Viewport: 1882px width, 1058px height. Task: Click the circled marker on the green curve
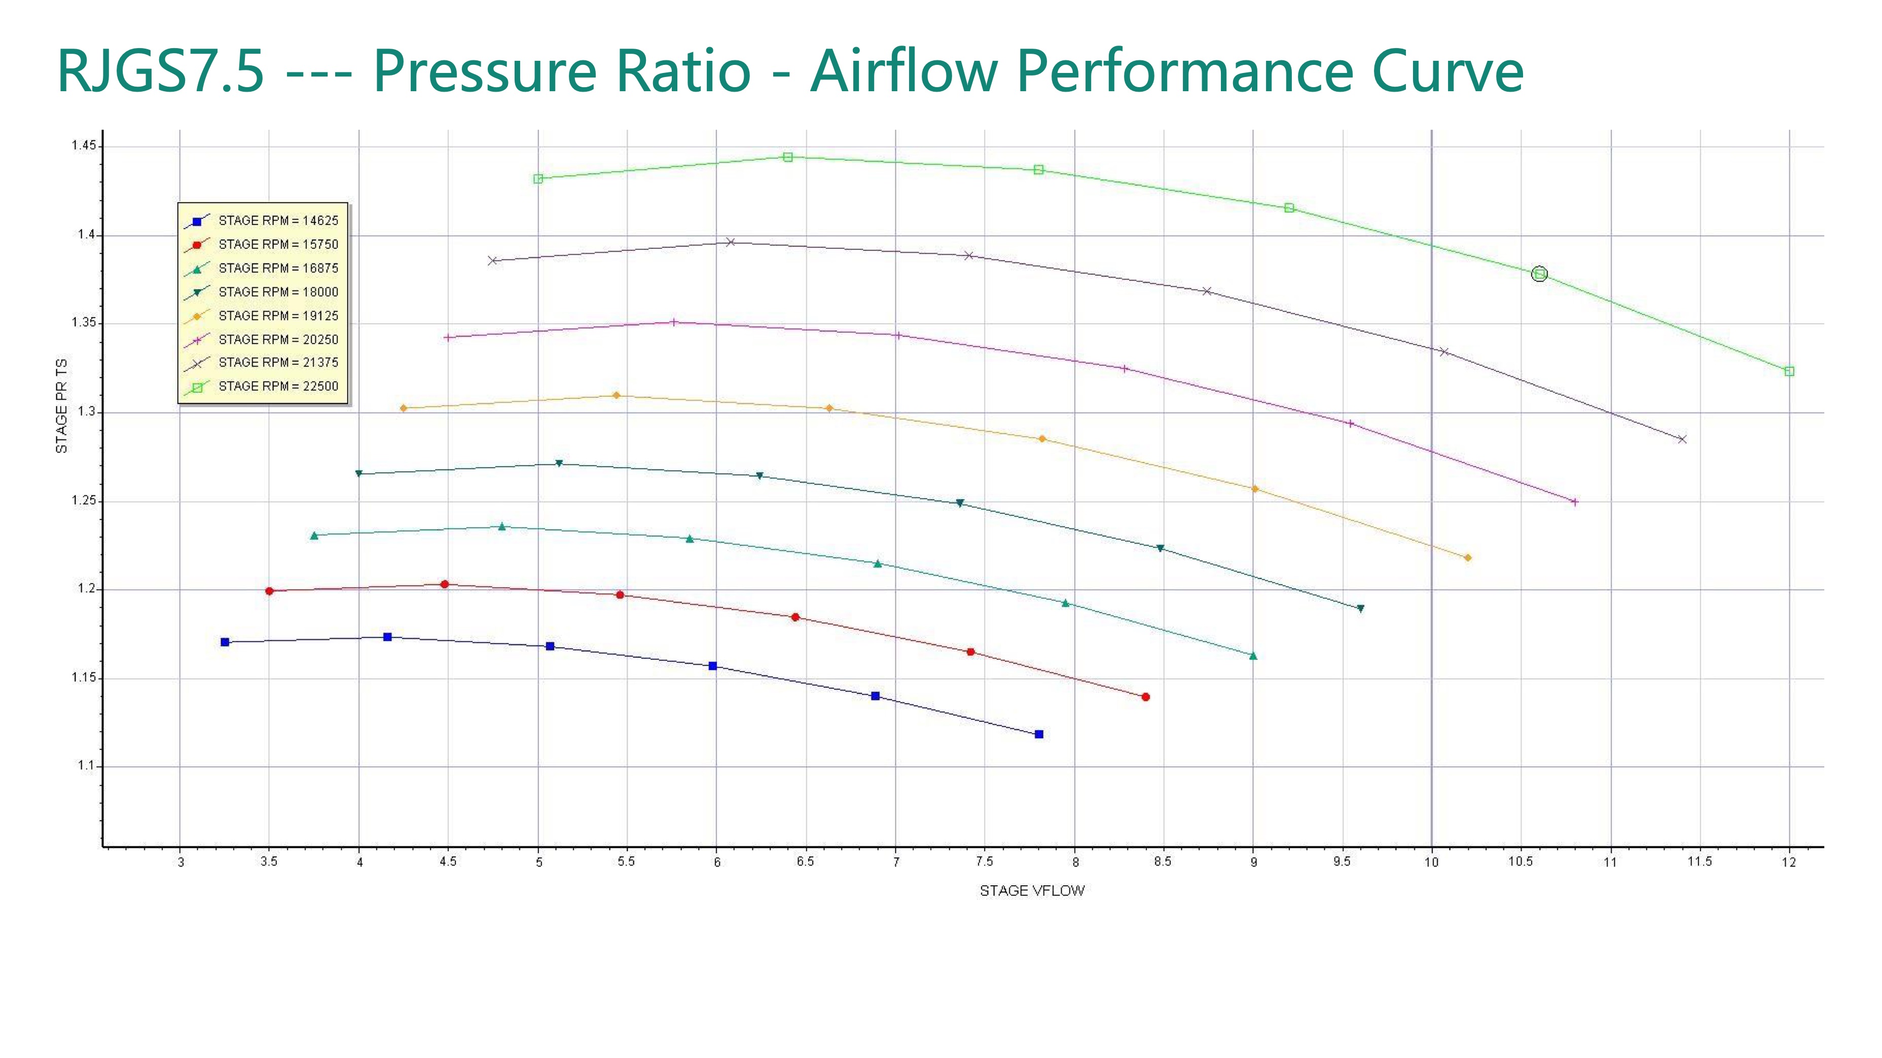click(1539, 274)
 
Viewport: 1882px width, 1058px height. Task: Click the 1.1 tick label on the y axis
click(87, 766)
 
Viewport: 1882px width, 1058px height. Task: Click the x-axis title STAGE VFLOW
click(1032, 891)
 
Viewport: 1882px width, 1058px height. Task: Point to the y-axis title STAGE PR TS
click(61, 405)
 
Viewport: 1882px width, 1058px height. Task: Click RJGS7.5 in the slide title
click(160, 71)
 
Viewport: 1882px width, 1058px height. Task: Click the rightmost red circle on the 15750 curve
click(1145, 697)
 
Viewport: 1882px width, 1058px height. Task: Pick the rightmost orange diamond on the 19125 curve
click(1468, 558)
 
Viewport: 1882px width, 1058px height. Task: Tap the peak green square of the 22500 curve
click(787, 157)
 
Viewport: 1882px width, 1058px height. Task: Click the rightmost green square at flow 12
click(1789, 371)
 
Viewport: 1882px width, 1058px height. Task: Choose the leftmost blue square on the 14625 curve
click(225, 643)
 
